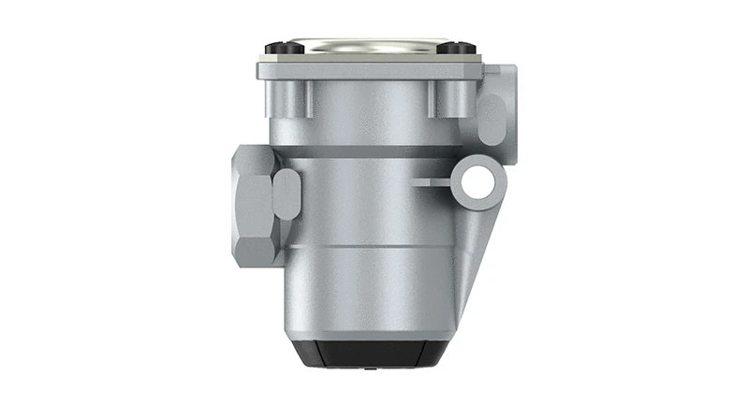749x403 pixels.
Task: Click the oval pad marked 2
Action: (491, 118)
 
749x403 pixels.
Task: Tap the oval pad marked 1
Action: (287, 194)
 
